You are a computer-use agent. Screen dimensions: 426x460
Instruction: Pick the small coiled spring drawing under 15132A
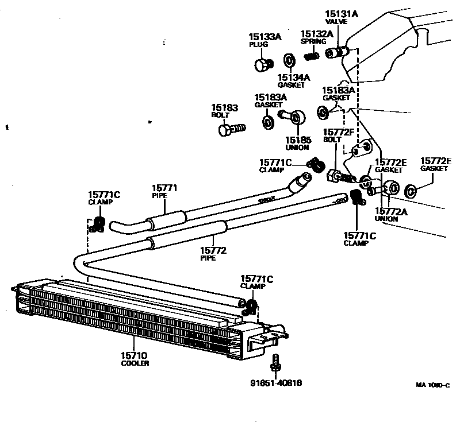pyautogui.click(x=311, y=56)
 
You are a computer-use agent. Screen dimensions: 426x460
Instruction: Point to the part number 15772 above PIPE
pyautogui.click(x=213, y=250)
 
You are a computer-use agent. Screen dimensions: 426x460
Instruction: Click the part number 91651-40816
pyautogui.click(x=276, y=383)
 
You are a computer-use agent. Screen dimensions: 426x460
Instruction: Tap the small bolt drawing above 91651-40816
pyautogui.click(x=276, y=362)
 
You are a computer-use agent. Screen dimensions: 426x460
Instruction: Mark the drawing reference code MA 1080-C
pyautogui.click(x=432, y=386)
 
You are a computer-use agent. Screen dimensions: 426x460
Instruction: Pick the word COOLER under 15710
pyautogui.click(x=134, y=364)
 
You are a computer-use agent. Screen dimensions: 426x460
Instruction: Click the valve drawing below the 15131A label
pyautogui.click(x=336, y=53)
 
